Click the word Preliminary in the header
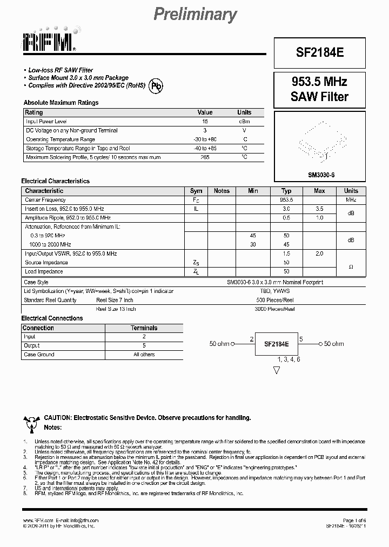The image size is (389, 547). point(195,15)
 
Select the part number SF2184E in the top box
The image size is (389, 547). point(319,54)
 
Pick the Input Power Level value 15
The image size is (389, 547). point(205,122)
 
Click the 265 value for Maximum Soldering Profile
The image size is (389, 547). point(205,157)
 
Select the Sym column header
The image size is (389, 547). point(196,191)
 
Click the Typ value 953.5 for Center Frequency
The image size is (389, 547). point(286,200)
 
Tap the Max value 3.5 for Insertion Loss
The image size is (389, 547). point(319,209)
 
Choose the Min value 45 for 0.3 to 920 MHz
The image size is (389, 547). point(253,236)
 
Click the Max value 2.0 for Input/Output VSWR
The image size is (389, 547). point(319,254)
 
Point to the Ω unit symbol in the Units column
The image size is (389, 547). point(351,266)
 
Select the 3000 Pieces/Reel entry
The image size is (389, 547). point(275,309)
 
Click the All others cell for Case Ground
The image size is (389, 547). point(144,355)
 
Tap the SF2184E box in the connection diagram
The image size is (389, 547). point(276,344)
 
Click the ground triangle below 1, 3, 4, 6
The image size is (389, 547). point(277,370)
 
